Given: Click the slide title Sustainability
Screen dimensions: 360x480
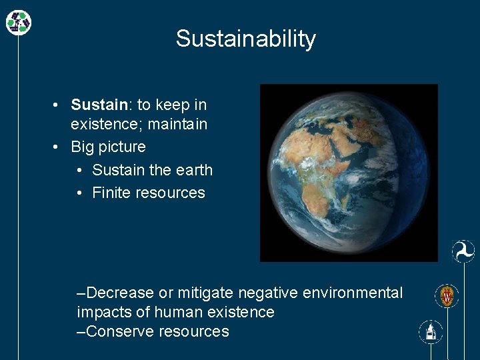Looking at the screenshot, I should [x=245, y=39].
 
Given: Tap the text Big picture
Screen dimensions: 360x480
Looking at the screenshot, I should [x=108, y=147].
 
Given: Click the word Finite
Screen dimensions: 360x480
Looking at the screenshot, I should [x=111, y=193].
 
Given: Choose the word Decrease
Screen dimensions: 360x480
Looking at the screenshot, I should [x=120, y=293].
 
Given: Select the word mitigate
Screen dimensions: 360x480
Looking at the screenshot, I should [x=205, y=293].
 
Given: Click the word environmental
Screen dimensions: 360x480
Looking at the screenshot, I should [x=353, y=293].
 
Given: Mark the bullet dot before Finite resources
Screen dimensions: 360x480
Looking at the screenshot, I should [x=79, y=193].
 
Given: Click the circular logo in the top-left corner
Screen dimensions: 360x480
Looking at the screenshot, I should [x=19, y=23].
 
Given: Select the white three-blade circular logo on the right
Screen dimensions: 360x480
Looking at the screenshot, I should [x=463, y=251].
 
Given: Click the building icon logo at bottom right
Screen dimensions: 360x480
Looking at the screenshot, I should [x=431, y=331].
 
